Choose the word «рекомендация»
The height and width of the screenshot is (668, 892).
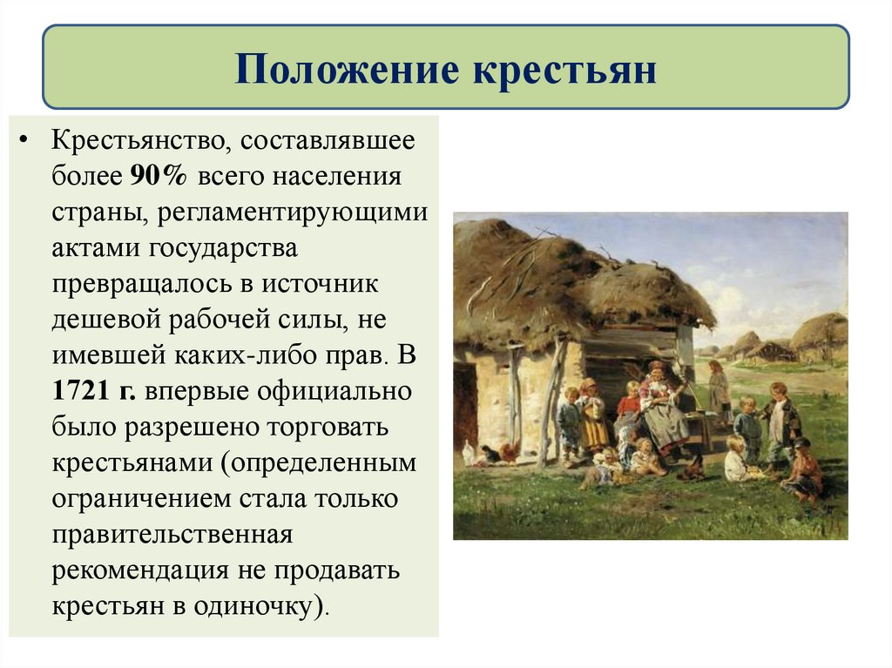pos(138,570)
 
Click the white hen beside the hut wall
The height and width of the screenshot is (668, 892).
pos(469,454)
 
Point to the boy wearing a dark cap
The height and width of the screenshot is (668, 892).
pos(801,466)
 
